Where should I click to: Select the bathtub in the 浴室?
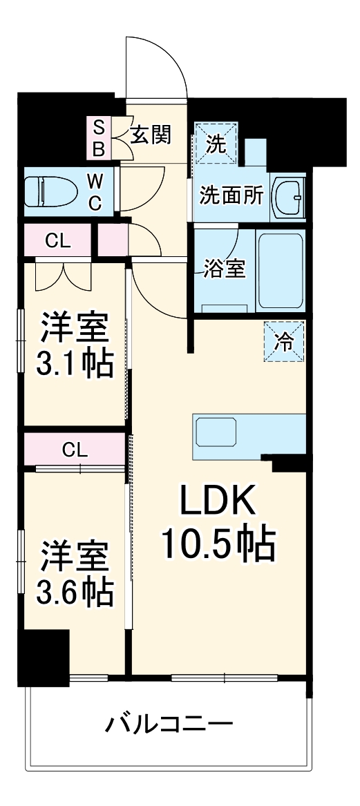click(280, 270)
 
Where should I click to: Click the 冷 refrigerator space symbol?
click(284, 341)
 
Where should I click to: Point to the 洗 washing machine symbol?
click(216, 143)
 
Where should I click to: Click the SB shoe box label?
click(99, 137)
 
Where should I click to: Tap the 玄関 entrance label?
click(150, 135)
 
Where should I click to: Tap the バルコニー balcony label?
click(169, 725)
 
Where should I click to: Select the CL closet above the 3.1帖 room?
click(57, 240)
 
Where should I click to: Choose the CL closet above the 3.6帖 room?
click(75, 450)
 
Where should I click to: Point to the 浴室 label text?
click(225, 268)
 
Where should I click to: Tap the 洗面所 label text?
click(231, 195)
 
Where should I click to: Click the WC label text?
click(95, 192)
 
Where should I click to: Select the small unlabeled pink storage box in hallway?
click(112, 240)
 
